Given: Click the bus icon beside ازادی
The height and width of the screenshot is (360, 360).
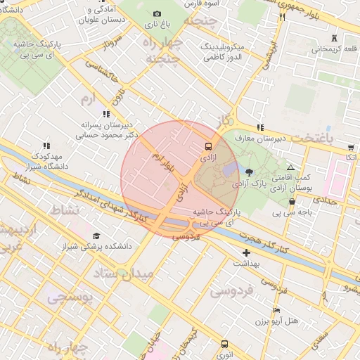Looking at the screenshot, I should click(208, 146).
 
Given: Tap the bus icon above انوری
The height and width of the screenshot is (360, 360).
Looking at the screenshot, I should click(224, 345).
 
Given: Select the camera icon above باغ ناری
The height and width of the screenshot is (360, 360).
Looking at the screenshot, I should click(157, 14).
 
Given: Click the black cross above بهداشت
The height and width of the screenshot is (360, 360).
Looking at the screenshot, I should click(246, 252).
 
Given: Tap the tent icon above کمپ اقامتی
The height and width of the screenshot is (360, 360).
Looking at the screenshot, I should click(290, 168).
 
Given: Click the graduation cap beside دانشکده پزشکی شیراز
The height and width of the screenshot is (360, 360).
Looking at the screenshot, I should click(96, 236).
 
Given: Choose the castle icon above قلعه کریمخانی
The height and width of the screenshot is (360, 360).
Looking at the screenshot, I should click(333, 37).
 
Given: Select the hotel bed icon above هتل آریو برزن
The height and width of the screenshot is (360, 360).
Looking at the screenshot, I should click(276, 310).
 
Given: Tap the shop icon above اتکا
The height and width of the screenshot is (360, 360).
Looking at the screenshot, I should click(350, 148).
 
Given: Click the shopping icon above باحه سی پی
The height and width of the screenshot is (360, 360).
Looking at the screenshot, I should click(292, 201).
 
